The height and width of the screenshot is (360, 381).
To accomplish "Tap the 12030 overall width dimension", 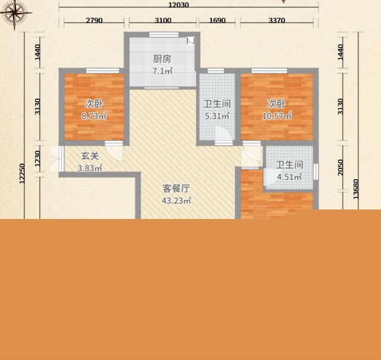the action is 179,5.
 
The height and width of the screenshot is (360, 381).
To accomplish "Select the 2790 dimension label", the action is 94,20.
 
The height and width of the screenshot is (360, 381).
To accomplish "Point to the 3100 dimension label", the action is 163,20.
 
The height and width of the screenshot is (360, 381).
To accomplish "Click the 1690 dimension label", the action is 217,20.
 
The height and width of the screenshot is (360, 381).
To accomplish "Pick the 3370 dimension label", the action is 276,20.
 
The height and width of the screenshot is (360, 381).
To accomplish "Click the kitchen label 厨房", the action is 162,59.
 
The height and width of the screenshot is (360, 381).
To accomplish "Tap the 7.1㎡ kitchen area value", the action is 163,71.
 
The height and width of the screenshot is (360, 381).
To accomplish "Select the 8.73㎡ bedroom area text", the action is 94,116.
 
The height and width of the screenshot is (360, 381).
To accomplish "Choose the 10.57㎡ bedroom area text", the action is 277,116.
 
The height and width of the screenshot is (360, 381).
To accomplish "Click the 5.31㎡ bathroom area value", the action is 217,116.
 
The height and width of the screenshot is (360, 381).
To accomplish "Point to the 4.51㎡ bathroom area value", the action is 289,177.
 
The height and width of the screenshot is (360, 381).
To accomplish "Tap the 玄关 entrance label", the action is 90,156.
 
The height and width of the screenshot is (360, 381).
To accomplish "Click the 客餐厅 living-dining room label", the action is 176,188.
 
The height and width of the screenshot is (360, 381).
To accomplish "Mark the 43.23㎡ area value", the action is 176,201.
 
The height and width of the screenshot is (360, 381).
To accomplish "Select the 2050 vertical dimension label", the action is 341,167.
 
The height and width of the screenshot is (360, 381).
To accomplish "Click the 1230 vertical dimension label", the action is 37,159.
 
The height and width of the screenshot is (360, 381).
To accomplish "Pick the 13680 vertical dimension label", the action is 356,189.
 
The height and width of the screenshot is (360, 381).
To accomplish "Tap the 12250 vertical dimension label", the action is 22,173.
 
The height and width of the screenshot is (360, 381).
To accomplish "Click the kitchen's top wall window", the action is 164,35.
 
